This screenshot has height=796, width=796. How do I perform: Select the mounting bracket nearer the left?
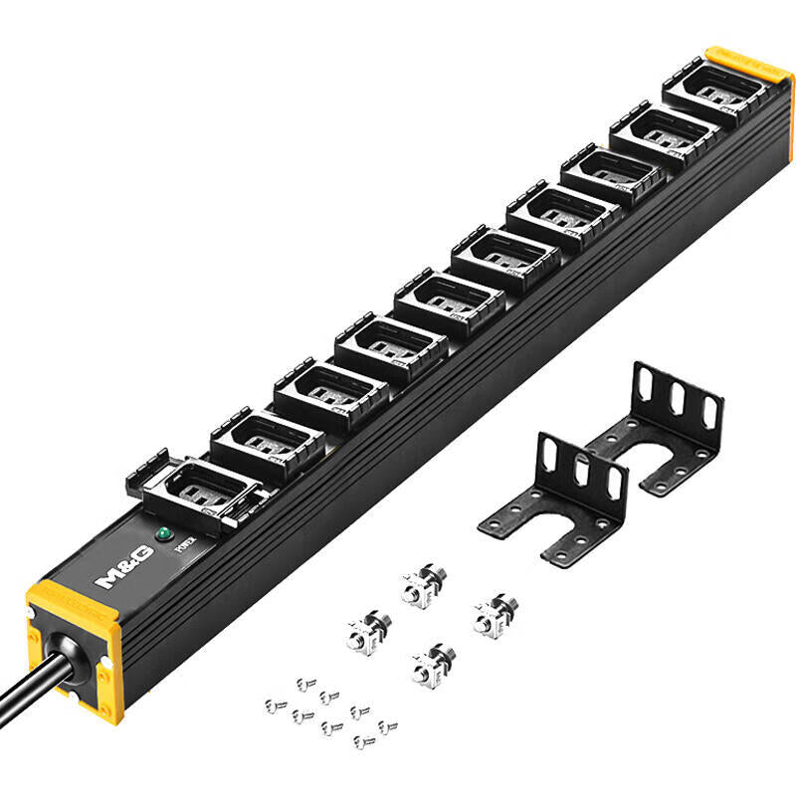[557, 497]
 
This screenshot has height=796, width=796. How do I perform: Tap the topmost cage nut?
[423, 585]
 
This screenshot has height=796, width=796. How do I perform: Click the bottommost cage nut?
[432, 663]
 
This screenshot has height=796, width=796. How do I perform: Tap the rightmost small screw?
[388, 726]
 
